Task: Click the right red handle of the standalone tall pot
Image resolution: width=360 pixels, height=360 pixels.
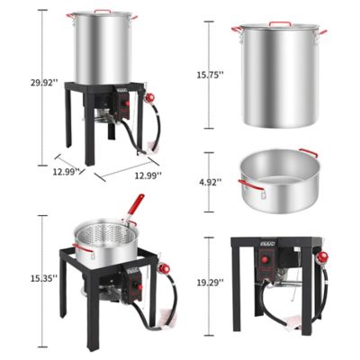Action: tap(322, 32)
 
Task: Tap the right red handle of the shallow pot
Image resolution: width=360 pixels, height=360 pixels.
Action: tap(307, 154)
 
